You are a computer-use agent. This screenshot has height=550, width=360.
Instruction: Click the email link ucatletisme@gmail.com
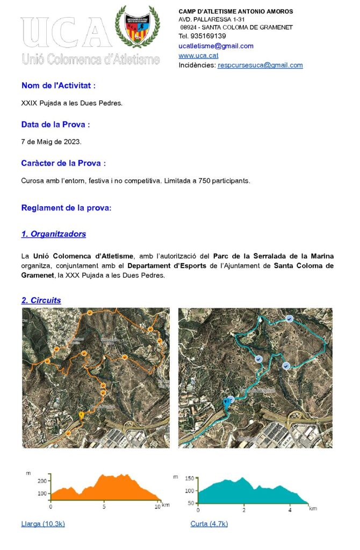click(x=216, y=46)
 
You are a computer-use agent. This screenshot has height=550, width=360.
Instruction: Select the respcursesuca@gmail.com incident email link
click(x=260, y=66)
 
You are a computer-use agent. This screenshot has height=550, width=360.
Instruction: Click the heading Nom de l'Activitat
click(x=59, y=85)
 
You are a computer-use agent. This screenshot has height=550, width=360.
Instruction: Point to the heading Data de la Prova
click(x=55, y=125)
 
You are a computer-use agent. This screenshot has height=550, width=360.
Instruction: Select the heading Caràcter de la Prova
click(x=63, y=163)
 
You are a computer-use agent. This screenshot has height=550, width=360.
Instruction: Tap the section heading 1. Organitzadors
click(x=53, y=234)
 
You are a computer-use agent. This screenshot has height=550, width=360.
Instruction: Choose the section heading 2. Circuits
click(x=41, y=300)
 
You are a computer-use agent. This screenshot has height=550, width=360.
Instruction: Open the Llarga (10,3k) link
click(x=43, y=524)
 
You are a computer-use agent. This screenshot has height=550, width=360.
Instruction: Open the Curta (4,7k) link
click(x=209, y=524)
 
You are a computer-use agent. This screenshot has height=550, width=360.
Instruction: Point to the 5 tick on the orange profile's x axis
click(x=104, y=506)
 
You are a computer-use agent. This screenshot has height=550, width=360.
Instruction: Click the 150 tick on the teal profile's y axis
click(x=189, y=479)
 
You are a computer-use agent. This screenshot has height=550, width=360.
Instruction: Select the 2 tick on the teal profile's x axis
click(x=243, y=509)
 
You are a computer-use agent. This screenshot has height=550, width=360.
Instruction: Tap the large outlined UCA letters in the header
click(x=64, y=33)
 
